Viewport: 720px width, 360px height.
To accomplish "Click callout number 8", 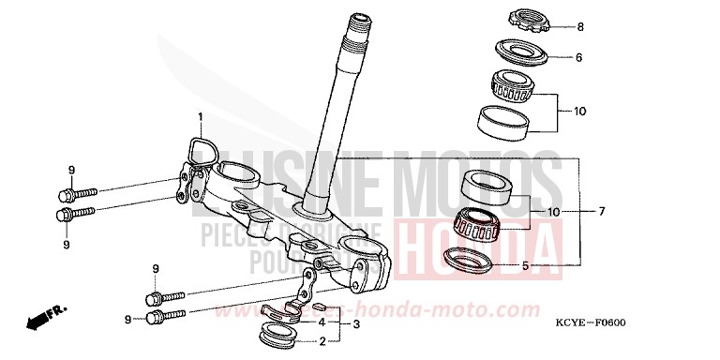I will click(x=580, y=26).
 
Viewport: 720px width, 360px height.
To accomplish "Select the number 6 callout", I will click(x=579, y=57).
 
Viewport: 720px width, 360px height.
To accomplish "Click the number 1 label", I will click(x=200, y=117).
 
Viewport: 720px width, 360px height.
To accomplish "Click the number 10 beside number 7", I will click(x=555, y=213).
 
